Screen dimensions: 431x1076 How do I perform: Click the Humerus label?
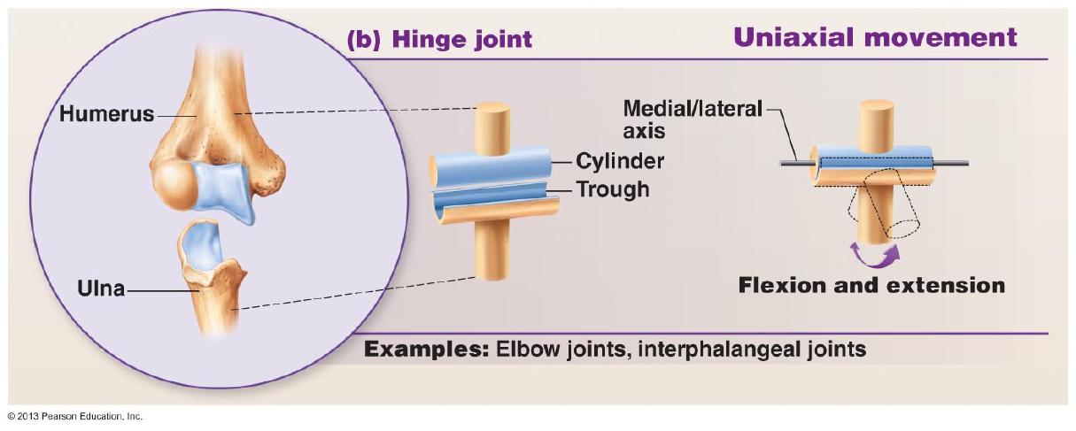click(x=105, y=114)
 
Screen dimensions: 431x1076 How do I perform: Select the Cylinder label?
click(x=620, y=161)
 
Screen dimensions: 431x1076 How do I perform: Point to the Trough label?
click(x=613, y=189)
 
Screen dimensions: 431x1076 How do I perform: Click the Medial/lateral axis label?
click(x=692, y=119)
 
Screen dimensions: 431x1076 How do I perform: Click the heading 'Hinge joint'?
click(x=461, y=39)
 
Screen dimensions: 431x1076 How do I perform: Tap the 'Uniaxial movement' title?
click(x=875, y=37)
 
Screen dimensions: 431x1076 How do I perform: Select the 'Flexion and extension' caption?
click(x=872, y=285)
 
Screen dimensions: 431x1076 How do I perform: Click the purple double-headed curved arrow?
click(x=874, y=254)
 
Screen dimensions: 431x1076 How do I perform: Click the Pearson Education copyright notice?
click(x=74, y=415)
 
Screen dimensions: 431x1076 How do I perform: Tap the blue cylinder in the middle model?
click(x=492, y=166)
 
